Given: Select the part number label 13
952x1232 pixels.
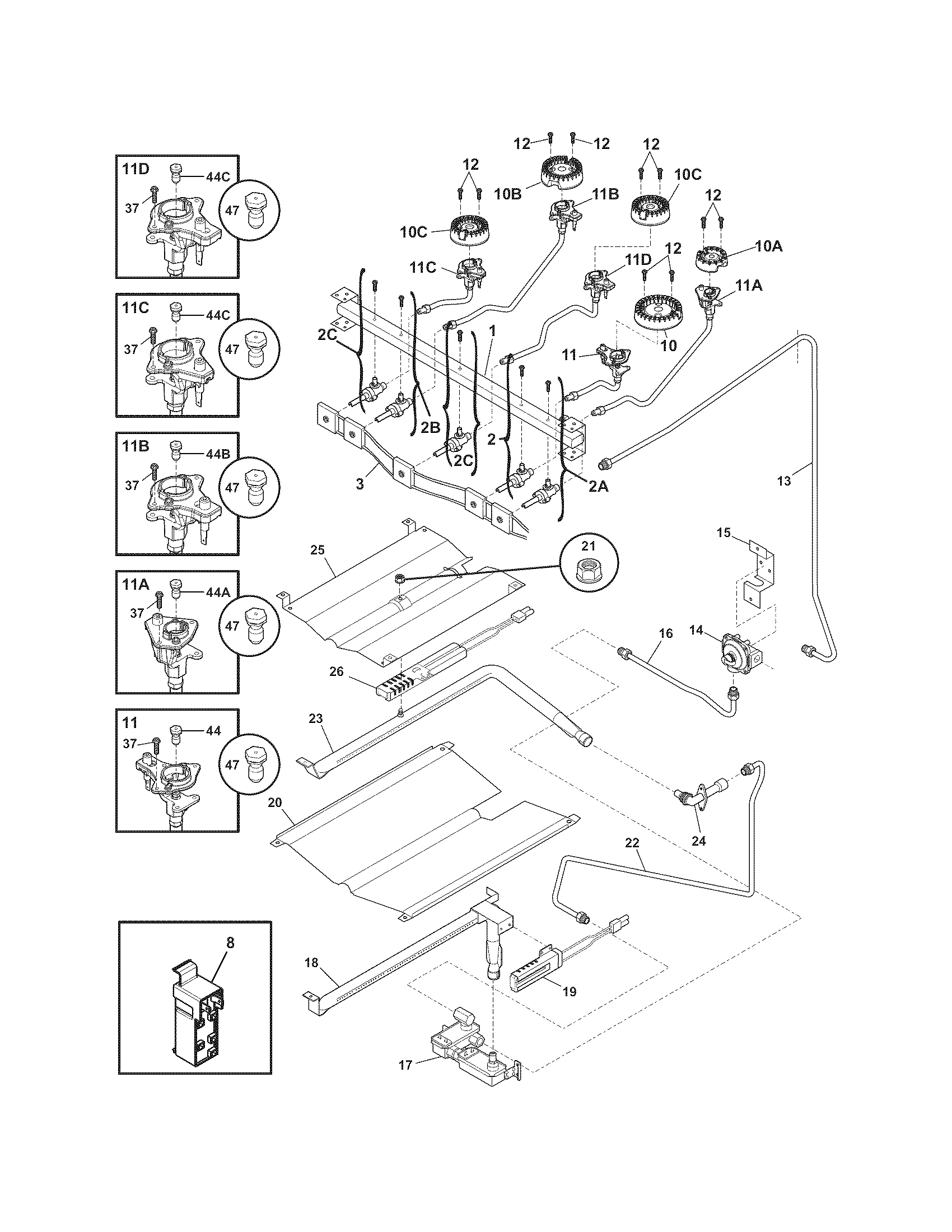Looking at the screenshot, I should [784, 480].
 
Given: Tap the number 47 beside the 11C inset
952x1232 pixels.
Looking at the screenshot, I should [232, 349].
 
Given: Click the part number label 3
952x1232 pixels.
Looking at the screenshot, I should [360, 483].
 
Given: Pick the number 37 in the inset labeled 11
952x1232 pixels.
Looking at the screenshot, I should [130, 744].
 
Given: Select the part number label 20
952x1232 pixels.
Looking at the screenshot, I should [274, 802].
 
